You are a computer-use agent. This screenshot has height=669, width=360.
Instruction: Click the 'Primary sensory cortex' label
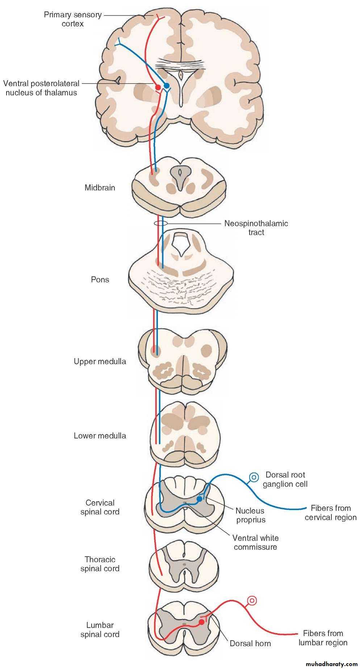[72, 20]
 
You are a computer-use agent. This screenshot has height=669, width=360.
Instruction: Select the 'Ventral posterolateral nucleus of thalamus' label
[41, 88]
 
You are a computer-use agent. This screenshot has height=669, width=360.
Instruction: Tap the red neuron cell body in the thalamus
[158, 87]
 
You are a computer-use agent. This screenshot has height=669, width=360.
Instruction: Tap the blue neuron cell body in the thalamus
[167, 85]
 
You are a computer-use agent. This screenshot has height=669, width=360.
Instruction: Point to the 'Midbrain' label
[100, 188]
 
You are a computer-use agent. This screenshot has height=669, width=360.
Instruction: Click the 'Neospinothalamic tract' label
[256, 228]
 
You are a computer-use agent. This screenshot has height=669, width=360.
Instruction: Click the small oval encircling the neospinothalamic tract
[161, 223]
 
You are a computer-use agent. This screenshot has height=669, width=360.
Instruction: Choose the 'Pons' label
[100, 279]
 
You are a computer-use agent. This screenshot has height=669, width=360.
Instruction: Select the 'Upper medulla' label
[100, 361]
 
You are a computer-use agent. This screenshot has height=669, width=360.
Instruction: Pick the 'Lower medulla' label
[100, 436]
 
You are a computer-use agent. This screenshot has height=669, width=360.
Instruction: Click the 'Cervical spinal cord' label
[100, 507]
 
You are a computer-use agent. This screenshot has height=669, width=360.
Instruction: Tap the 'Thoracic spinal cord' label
[100, 564]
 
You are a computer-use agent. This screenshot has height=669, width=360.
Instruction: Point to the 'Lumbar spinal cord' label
[100, 630]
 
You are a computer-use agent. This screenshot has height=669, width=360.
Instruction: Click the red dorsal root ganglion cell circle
[252, 601]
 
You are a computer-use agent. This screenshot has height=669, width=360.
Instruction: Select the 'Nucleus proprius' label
[250, 515]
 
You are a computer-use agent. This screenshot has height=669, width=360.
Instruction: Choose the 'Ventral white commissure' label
[255, 542]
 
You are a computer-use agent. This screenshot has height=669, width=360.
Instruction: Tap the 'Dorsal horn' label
[250, 643]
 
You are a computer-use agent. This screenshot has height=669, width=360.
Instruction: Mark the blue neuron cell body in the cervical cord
[199, 499]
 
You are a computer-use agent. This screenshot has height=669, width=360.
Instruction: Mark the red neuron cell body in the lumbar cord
[202, 622]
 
